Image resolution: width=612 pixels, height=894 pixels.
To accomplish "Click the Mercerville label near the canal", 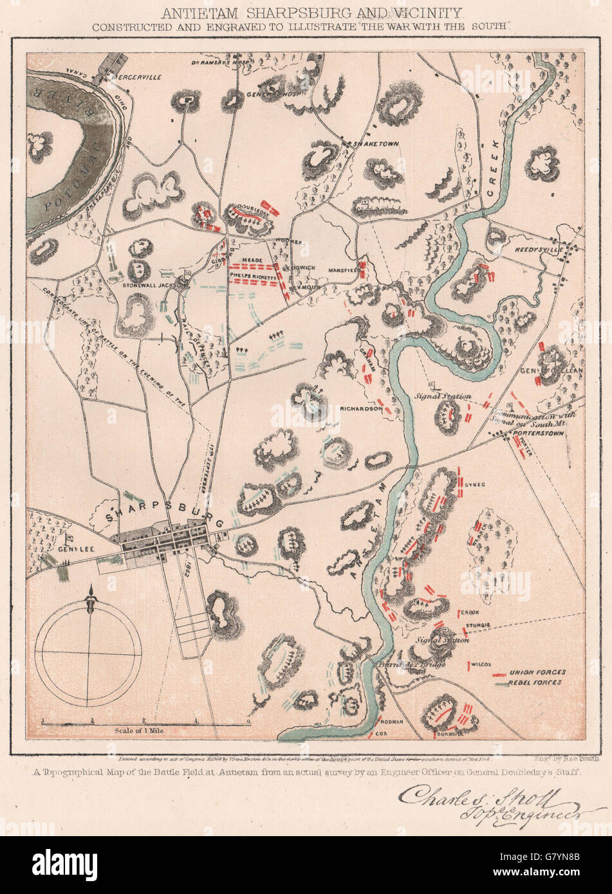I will click(136, 77).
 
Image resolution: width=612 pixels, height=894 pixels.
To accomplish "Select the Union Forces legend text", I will click(537, 673).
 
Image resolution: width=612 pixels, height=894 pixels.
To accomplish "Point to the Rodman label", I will click(392, 722).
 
